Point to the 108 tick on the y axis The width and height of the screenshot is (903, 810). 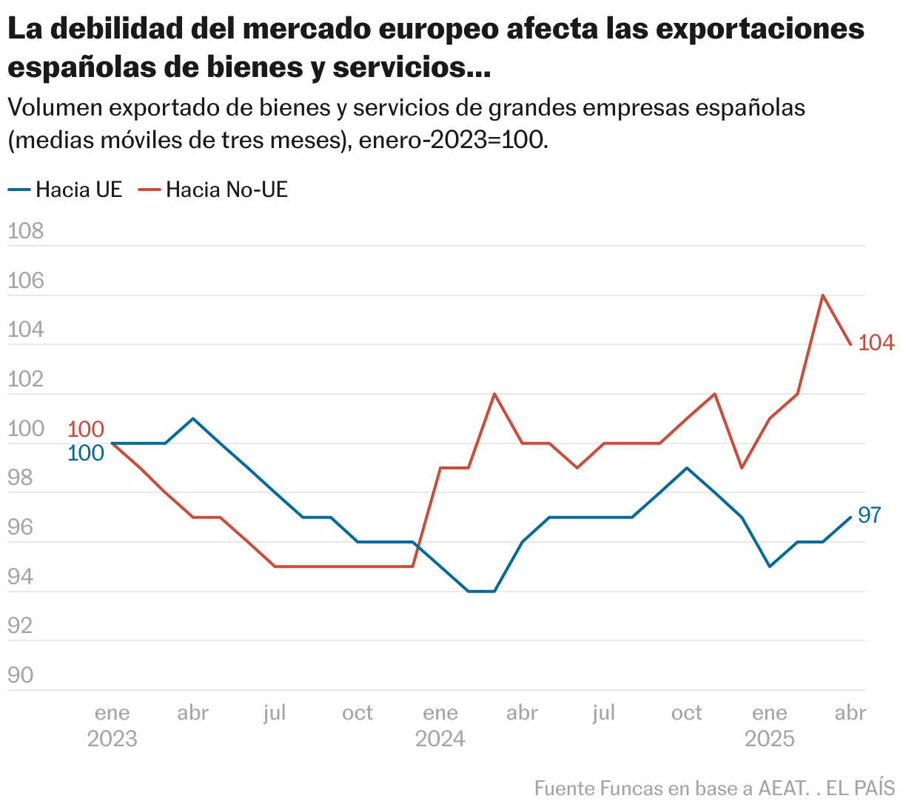coord(26,232)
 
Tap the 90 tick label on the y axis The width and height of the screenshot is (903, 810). coord(21,675)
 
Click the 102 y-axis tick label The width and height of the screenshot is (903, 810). coord(26,380)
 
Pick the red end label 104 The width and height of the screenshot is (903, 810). coord(876,344)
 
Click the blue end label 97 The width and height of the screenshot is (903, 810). coord(870,515)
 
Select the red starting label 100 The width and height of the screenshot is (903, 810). coord(86,429)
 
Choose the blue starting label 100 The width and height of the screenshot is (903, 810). coord(86,453)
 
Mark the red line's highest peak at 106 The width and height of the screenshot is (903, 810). coord(823,295)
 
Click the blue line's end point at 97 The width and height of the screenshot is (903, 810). coord(850,517)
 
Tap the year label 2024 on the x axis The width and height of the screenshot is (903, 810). coord(440,739)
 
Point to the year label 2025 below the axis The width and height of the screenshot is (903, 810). coord(770,739)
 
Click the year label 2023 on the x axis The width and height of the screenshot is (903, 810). coord(113,739)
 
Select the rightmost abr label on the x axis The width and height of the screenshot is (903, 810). coord(850,713)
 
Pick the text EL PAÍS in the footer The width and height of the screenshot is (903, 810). coord(861,789)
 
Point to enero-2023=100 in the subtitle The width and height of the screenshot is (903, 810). coord(454,140)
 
